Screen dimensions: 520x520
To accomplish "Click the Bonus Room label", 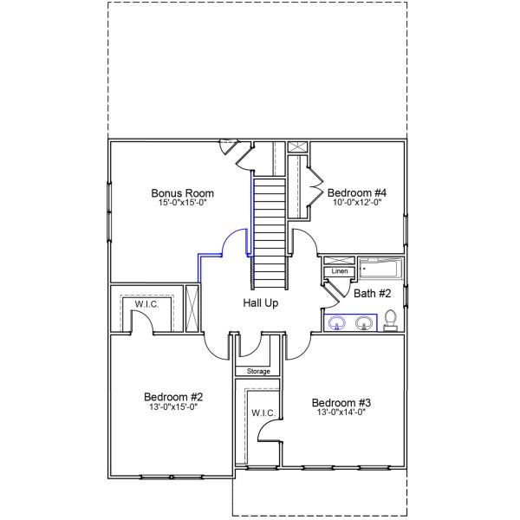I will coord(182,192).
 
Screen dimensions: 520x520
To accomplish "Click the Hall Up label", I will coord(260,303).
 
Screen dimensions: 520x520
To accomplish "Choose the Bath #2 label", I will coord(373,294).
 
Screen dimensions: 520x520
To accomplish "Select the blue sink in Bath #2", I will coord(338,323).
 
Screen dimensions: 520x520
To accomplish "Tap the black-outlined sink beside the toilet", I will coord(364,323).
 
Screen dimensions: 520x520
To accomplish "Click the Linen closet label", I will coord(339,272).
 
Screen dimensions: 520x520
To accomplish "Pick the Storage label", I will coord(258,371).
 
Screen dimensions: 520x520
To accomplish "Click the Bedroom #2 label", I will coord(173,397).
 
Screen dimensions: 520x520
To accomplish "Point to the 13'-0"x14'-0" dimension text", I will coord(341,413).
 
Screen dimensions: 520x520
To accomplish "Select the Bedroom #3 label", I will coord(341,403).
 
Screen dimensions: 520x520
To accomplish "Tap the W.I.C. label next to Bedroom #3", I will coord(263,413).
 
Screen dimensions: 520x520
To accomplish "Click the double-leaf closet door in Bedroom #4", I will coord(315,192).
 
